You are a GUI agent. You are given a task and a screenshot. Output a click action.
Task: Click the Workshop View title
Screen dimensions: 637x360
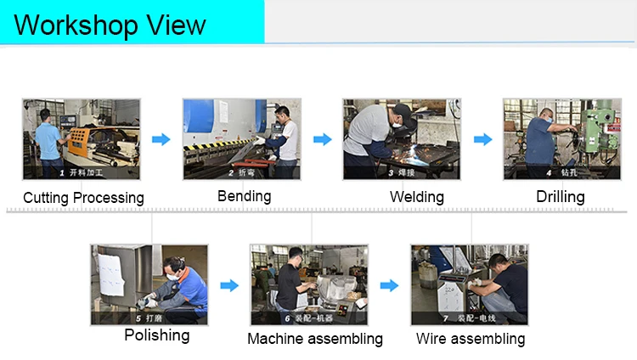[110, 25]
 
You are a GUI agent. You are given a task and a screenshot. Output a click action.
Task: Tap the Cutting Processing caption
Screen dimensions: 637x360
[83, 198]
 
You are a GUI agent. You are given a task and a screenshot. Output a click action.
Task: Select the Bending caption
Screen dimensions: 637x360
[244, 196]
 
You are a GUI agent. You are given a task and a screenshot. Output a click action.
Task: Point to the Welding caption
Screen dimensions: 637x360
[417, 197]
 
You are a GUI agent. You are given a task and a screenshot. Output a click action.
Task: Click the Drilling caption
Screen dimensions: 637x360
[561, 197]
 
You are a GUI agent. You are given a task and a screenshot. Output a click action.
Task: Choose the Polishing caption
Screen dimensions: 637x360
[157, 335]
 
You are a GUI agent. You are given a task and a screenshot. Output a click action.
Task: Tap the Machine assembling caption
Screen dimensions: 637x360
[315, 339]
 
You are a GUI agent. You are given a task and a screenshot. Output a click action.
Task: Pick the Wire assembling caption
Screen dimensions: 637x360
[471, 339]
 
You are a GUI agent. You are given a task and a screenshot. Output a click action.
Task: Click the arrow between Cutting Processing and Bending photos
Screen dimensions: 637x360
[161, 139]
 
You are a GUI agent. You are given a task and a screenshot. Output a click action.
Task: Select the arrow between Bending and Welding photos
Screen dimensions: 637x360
[322, 139]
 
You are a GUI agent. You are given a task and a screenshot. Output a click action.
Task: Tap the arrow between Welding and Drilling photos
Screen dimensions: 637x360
[482, 139]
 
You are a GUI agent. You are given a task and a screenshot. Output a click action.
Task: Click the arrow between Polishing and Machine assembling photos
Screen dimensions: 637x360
[229, 286]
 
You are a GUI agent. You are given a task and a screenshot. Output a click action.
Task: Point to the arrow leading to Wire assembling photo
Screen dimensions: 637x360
[389, 286]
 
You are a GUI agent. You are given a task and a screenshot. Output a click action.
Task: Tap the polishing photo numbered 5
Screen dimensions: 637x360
[149, 284]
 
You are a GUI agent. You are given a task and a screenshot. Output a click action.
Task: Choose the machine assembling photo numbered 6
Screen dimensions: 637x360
[309, 284]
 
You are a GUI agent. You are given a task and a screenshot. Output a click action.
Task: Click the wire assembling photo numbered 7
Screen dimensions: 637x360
[470, 284]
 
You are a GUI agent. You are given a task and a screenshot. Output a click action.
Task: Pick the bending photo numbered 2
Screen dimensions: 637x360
[241, 139]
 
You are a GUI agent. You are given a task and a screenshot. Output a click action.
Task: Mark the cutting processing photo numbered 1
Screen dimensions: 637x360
[81, 139]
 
